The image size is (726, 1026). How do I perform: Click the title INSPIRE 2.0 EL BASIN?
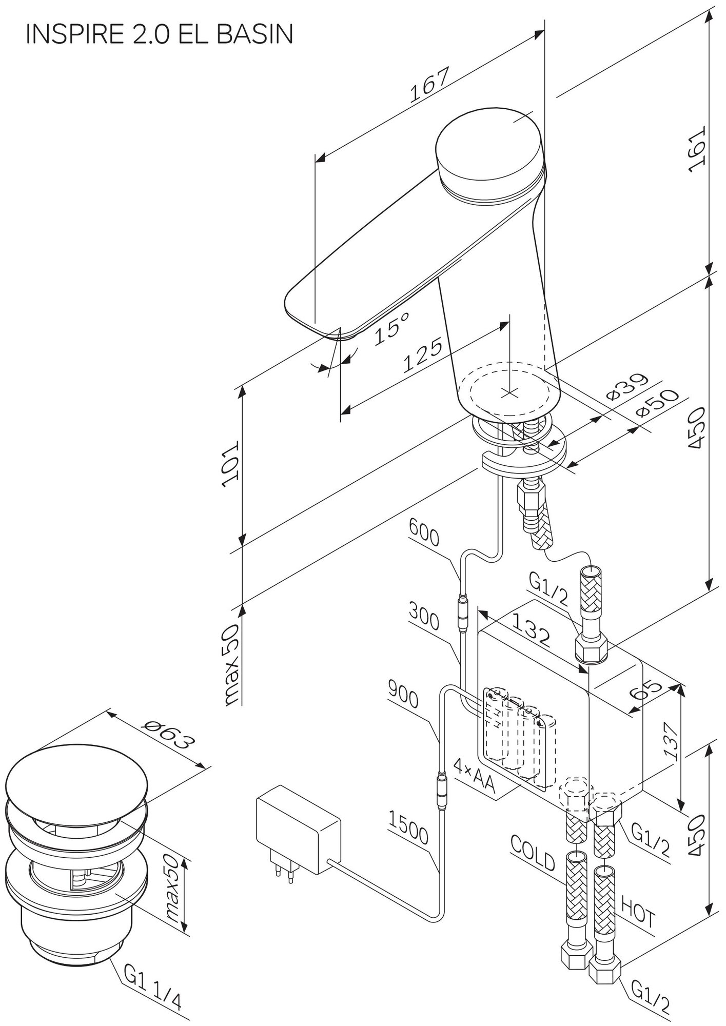click(x=160, y=34)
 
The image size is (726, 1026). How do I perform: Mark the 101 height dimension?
click(x=229, y=465)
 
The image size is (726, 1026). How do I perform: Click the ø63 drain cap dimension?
click(x=169, y=739)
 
